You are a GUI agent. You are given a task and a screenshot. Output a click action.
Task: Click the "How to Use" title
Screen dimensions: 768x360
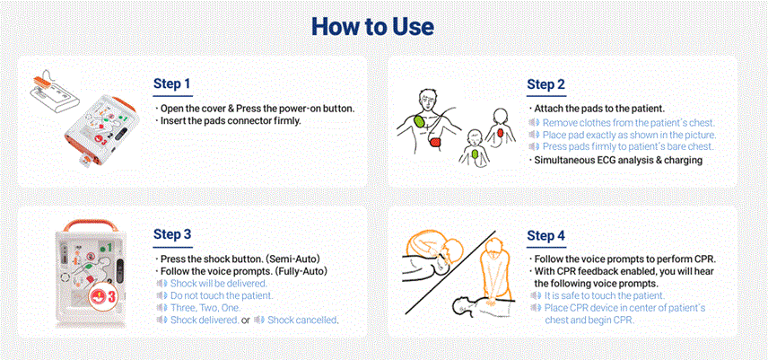coord(372,26)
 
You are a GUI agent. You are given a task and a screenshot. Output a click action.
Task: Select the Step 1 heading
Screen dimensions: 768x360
coord(172,83)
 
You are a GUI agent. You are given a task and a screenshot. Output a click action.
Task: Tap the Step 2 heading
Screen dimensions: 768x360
coord(545,84)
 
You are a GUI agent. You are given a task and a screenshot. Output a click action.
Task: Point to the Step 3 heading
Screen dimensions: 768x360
coord(172,234)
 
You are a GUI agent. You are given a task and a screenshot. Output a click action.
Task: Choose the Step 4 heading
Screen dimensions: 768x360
coord(545,235)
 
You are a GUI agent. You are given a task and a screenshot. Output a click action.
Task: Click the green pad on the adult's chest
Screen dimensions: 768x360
coord(420,120)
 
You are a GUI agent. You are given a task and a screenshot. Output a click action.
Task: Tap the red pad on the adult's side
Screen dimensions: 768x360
coord(436,143)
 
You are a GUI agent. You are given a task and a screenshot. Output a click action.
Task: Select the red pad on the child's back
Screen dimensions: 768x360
coord(500,132)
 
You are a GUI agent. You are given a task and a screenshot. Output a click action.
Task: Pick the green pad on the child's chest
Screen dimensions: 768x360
coord(474,155)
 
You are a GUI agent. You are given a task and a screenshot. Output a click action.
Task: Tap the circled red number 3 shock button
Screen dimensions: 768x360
coord(102,296)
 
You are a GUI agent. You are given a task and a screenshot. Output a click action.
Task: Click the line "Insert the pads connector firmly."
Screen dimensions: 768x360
coord(231,120)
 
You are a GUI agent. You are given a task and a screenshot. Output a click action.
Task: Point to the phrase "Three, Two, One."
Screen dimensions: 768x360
coord(205,308)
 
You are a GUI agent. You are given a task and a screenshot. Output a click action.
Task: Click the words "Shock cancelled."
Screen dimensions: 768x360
coord(302,320)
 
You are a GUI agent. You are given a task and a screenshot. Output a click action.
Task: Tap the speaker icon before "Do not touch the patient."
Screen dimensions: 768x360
coord(161,296)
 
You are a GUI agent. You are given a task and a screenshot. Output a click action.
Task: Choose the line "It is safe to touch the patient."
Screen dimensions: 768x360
coord(605,296)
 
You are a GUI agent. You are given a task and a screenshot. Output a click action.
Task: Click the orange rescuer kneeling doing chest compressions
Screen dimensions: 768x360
coord(493,272)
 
